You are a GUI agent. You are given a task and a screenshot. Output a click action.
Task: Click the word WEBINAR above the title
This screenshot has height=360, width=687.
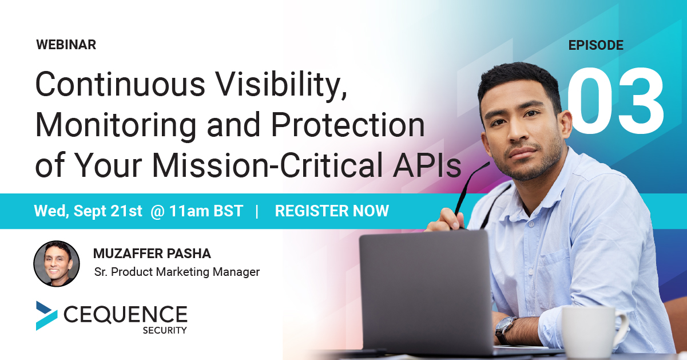click(x=66, y=45)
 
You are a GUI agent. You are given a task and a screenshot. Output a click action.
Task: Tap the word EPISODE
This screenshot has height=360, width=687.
click(x=595, y=45)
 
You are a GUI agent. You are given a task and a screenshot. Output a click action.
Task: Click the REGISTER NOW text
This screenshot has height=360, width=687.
click(x=332, y=211)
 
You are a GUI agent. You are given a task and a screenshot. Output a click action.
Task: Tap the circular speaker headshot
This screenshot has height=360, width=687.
click(x=57, y=263)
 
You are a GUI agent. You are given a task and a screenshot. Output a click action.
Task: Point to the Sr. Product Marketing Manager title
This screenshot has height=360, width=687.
click(x=177, y=272)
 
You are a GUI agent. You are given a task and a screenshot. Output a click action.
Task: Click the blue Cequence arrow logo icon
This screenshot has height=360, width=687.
click(x=46, y=315)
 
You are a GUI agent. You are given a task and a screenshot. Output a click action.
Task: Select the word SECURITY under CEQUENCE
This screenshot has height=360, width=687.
click(x=165, y=330)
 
